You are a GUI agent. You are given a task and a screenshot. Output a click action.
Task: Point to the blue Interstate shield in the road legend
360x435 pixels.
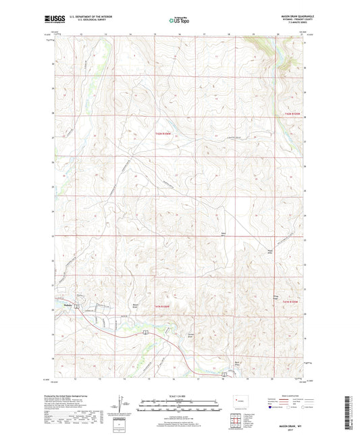pyautogui.click(x=271, y=407)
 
